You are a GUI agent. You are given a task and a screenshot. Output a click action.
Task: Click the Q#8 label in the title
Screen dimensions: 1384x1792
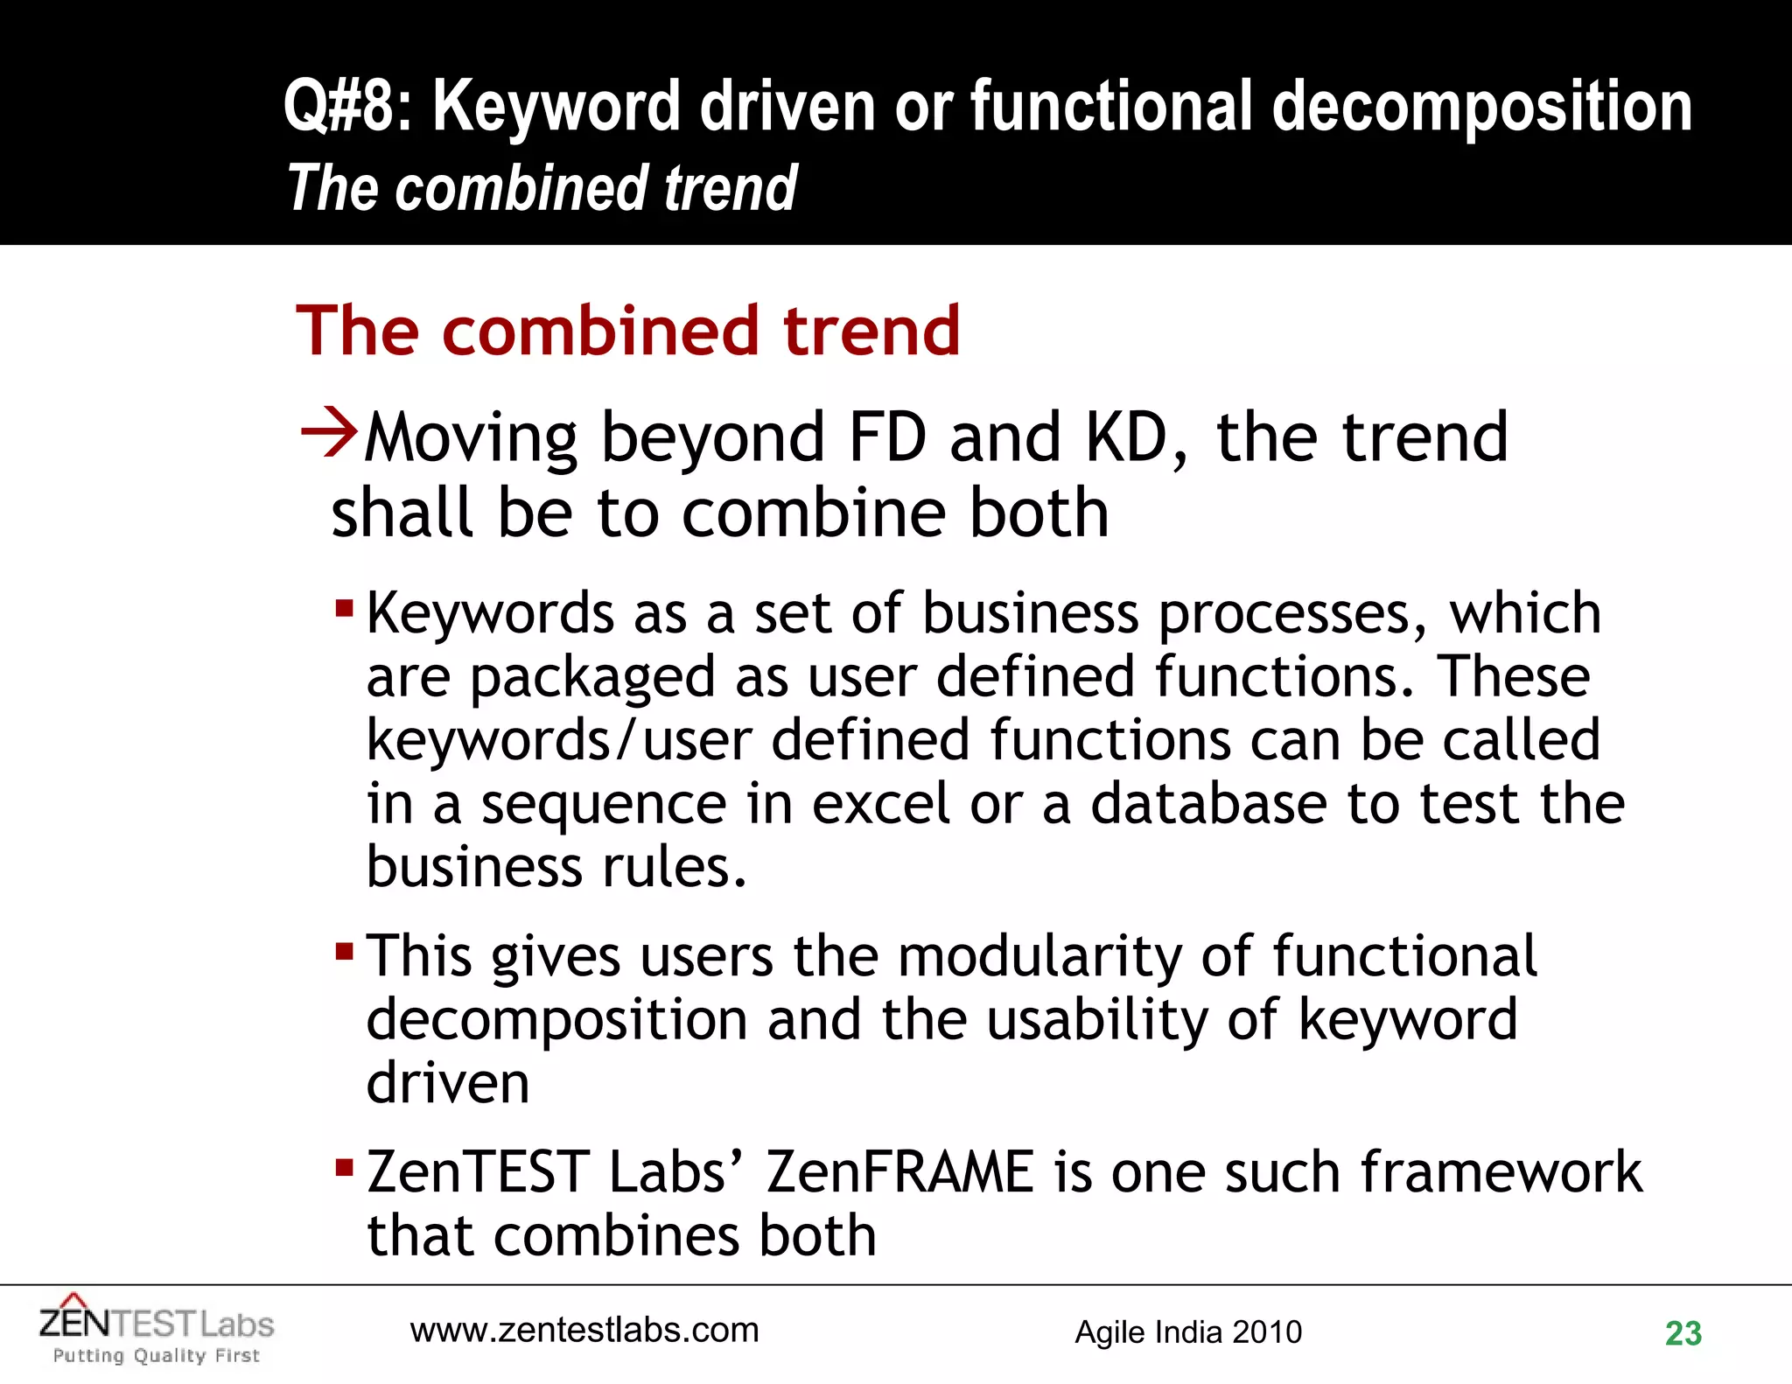[346, 107]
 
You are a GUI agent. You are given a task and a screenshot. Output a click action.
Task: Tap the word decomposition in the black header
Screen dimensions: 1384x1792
[1480, 107]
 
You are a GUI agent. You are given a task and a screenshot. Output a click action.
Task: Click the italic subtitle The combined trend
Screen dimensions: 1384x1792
[542, 188]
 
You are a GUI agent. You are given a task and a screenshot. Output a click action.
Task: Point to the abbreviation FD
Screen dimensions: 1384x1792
[886, 437]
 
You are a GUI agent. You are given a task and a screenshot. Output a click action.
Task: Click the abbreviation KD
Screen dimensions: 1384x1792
[1126, 437]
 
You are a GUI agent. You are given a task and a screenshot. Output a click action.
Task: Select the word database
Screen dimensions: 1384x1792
[1208, 803]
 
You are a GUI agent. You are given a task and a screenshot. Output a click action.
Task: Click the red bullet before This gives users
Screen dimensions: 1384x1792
[344, 950]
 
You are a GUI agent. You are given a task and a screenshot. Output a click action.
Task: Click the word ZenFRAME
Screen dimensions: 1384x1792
[899, 1171]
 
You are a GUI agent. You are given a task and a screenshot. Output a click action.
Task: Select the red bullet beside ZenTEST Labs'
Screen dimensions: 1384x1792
[344, 1166]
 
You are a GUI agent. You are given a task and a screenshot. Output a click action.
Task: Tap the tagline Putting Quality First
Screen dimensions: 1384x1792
[157, 1356]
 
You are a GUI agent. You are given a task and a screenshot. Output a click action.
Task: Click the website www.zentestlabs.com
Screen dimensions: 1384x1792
[584, 1330]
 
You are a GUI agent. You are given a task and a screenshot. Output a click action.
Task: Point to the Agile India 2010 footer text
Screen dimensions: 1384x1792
[1188, 1332]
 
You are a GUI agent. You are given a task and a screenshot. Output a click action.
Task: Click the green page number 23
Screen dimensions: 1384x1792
[1683, 1333]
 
